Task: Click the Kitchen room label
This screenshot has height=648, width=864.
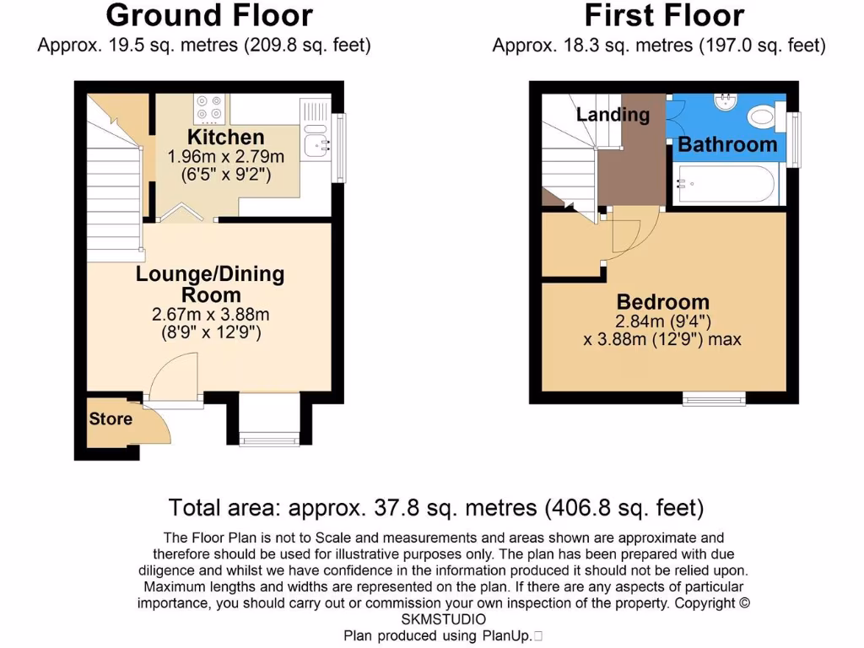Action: [x=225, y=137]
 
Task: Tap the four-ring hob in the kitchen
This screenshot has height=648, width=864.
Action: [x=208, y=107]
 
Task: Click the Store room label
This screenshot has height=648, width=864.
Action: [x=111, y=418]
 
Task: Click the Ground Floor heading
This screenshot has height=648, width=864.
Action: [x=209, y=15]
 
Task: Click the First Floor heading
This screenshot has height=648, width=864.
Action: [x=664, y=15]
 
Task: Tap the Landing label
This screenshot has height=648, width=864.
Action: [x=613, y=115]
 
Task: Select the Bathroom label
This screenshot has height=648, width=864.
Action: [x=727, y=144]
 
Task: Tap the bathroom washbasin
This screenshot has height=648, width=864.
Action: [x=725, y=101]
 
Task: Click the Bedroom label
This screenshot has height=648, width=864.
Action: [x=662, y=301]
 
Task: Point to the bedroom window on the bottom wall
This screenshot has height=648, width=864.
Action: [x=714, y=398]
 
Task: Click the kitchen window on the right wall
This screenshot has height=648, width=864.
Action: [x=339, y=148]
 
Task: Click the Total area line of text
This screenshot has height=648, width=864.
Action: [x=435, y=508]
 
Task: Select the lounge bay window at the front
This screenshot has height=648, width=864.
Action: [x=269, y=437]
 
